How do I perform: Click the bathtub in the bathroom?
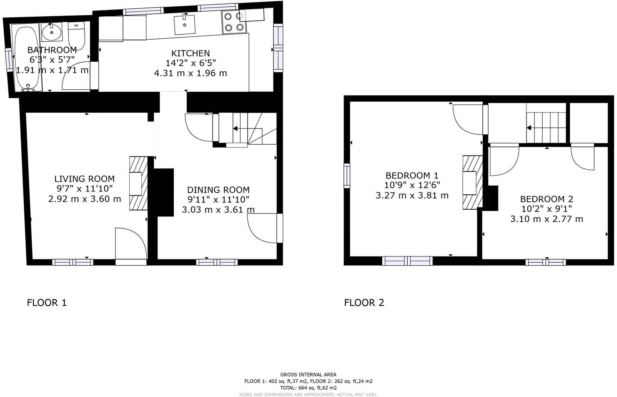click(27, 58)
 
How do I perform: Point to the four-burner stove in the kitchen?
click(233, 22)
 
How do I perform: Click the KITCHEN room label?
click(191, 53)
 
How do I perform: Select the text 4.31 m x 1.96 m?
click(191, 73)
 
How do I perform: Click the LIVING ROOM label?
click(85, 179)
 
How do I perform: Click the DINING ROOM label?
click(218, 190)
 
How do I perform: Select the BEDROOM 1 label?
click(412, 176)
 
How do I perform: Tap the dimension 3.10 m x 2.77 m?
click(547, 219)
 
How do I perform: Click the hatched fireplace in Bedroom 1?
click(472, 183)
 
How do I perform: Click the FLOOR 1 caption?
click(47, 303)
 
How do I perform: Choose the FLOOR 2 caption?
click(364, 303)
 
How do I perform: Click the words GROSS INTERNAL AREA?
click(308, 374)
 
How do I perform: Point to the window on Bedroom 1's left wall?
click(346, 176)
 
